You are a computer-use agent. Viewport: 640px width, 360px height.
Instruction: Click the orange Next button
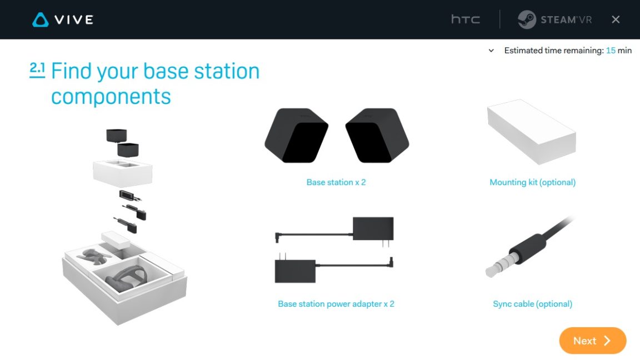[592, 341]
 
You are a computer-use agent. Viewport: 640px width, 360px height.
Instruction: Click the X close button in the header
[616, 19]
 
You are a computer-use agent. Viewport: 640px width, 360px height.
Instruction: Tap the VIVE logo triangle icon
[41, 20]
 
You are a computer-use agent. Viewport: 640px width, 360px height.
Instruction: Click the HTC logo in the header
[465, 19]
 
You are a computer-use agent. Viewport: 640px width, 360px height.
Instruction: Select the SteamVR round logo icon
[526, 19]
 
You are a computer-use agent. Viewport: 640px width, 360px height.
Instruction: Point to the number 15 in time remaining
[611, 51]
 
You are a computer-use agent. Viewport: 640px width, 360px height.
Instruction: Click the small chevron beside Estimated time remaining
[491, 51]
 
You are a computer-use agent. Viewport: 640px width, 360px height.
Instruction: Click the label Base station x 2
[336, 182]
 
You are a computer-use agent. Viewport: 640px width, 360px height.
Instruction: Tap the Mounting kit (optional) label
[532, 182]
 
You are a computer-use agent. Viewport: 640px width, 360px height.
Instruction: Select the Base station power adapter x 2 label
[336, 304]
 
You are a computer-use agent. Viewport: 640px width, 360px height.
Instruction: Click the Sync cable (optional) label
[532, 304]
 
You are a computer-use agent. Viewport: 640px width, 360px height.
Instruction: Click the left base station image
[296, 135]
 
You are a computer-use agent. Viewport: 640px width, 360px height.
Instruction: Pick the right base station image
[377, 135]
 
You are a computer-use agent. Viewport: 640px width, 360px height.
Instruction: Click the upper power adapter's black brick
[373, 228]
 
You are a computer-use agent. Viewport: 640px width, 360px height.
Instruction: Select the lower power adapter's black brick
[295, 271]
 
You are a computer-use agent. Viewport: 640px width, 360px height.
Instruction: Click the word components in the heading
[111, 97]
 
